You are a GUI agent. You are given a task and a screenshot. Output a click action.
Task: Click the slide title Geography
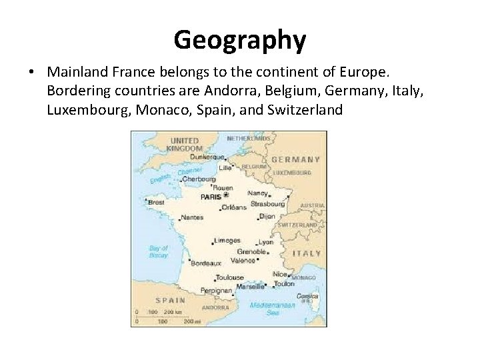(240, 39)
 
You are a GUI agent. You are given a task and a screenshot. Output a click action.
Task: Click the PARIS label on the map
(211, 197)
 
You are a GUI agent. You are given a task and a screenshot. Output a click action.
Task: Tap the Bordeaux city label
(207, 263)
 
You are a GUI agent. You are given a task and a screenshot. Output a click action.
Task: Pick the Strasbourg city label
(268, 204)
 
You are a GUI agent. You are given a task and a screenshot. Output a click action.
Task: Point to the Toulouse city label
(229, 277)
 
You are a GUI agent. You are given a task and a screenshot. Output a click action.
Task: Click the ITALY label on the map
(307, 253)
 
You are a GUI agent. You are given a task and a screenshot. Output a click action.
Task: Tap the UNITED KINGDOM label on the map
(184, 145)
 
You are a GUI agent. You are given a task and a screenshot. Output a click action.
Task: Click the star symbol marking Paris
(225, 195)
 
